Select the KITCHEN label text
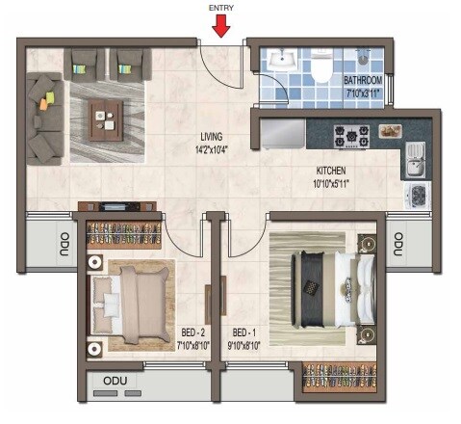326,171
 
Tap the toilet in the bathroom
322,67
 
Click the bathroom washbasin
281,59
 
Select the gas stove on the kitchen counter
351,133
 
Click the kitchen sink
413,159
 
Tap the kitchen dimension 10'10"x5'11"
328,183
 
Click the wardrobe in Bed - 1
338,376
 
